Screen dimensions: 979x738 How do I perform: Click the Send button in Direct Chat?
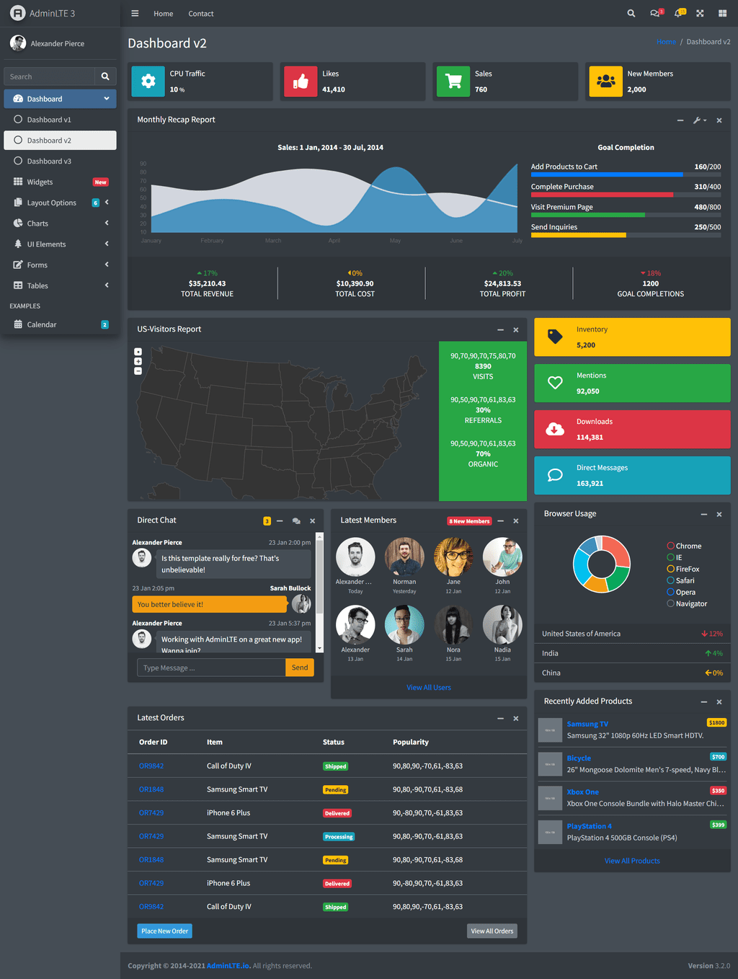300,668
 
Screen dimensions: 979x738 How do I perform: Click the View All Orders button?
492,931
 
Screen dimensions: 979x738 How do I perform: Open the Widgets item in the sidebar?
40,182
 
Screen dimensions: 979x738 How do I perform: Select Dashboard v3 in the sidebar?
49,161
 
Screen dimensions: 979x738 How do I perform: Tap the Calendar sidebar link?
42,324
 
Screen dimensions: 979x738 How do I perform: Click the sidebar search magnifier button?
105,76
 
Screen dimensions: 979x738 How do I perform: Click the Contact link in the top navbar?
201,14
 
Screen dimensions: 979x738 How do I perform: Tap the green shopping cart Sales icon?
453,81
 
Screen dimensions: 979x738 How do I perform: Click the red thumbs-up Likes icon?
301,81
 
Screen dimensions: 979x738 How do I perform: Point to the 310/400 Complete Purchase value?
707,187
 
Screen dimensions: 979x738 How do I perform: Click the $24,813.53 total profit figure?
502,283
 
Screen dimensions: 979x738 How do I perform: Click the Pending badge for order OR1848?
335,789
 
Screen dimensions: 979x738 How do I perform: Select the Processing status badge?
339,836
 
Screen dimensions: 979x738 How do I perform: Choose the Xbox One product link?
582,792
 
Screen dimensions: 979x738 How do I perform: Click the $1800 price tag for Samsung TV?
716,722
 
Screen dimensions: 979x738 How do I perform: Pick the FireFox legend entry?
687,569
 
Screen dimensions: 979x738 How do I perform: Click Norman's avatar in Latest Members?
404,557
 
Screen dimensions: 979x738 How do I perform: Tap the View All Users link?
429,688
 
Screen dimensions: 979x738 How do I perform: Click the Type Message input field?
211,668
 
